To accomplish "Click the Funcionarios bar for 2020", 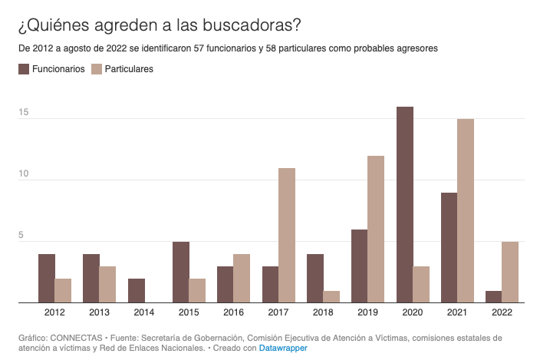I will point(405,205).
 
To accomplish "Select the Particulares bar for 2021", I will point(466,211).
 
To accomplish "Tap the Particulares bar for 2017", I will point(287,236).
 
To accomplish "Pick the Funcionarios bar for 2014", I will point(136,291).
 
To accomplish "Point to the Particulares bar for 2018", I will point(331,297).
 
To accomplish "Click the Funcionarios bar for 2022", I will point(494,297).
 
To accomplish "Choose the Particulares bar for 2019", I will point(376,230).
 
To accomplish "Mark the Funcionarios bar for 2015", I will point(181,272).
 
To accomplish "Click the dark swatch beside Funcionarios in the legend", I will point(23,69).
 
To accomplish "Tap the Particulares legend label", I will point(129,69).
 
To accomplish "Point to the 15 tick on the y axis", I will point(23,113).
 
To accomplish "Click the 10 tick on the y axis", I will point(23,174).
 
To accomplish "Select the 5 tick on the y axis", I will point(25,236).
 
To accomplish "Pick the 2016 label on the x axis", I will point(233,312).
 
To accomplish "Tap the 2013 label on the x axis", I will point(99,312).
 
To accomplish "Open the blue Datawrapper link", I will point(283,348).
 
